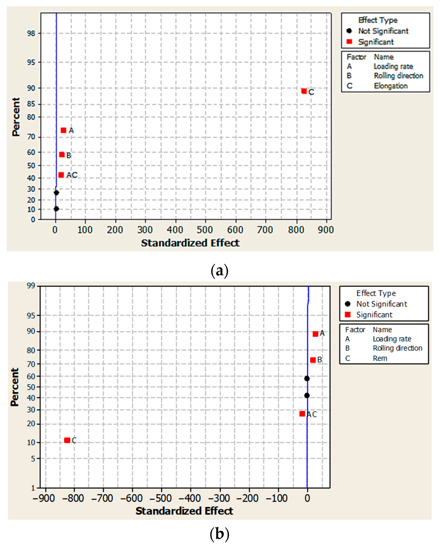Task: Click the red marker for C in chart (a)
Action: click(x=304, y=91)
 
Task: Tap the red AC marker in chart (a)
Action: click(x=61, y=175)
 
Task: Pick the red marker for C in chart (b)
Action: click(x=67, y=440)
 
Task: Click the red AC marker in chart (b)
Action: click(x=302, y=414)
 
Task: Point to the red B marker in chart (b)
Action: click(x=313, y=360)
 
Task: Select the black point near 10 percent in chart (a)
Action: click(x=56, y=209)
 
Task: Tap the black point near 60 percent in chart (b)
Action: click(x=307, y=378)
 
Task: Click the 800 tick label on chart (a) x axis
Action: click(x=296, y=230)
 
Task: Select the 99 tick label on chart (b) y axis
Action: click(x=31, y=286)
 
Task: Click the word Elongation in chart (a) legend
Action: click(x=391, y=86)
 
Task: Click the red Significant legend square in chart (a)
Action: click(x=349, y=42)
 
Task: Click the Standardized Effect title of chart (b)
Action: click(x=184, y=511)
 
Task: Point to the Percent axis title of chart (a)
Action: click(x=16, y=117)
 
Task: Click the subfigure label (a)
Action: click(x=220, y=271)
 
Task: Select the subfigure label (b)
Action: click(x=220, y=534)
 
